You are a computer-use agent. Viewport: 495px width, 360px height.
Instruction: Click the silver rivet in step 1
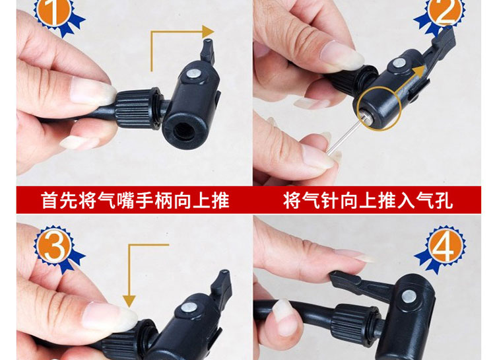[x=193, y=75]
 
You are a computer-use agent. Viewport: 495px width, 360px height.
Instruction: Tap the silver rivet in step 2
[x=399, y=63]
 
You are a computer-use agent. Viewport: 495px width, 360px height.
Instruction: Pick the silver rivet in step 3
[x=189, y=308]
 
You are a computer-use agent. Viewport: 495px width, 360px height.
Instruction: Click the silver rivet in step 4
[x=409, y=297]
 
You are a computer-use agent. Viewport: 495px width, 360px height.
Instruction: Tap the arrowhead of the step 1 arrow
[x=208, y=32]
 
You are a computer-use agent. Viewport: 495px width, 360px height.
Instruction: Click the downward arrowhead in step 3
[x=129, y=301]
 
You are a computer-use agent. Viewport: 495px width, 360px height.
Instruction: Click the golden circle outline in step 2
[x=379, y=88]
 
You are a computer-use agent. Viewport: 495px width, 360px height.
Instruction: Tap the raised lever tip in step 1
[x=208, y=51]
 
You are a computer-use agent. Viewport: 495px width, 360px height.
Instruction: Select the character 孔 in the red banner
[x=444, y=200]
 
